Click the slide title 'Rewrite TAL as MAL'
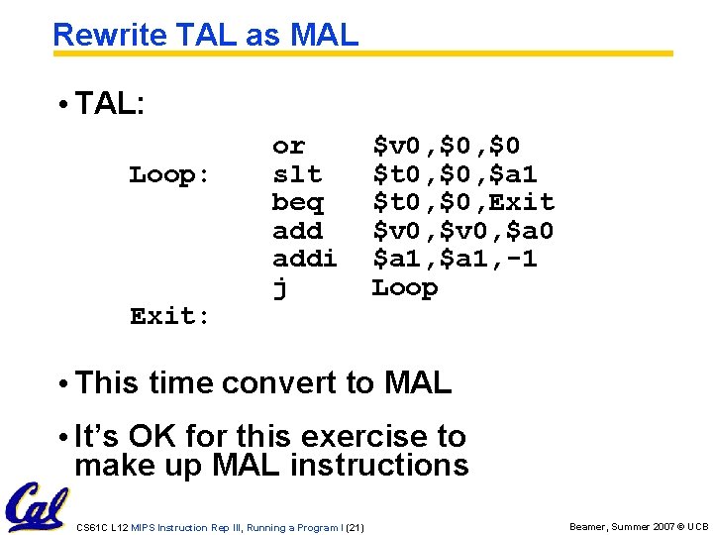click(205, 35)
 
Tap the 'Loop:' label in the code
click(169, 175)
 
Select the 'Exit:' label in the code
click(169, 317)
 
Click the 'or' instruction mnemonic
click(288, 147)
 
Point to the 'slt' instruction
click(297, 175)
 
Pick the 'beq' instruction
click(297, 203)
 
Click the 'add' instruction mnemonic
click(297, 231)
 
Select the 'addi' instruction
click(304, 260)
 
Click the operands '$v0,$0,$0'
click(446, 147)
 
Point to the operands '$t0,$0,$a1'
click(455, 175)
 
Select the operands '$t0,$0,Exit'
click(462, 203)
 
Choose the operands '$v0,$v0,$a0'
click(462, 231)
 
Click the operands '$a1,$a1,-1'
click(455, 260)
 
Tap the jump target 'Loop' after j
click(404, 288)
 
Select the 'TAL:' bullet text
click(110, 104)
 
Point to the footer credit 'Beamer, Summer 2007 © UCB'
click(639, 527)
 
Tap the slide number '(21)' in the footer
click(355, 527)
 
